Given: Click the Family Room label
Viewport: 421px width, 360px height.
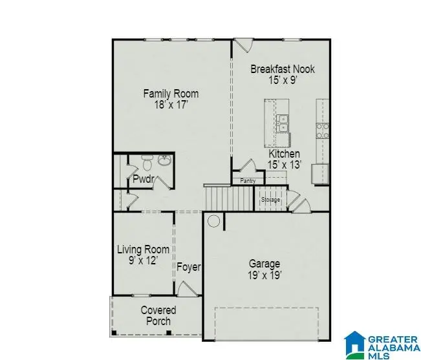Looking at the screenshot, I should pyautogui.click(x=171, y=94).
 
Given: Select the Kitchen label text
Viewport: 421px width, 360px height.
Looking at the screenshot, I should pyautogui.click(x=284, y=154).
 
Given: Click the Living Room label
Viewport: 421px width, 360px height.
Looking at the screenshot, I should pyautogui.click(x=143, y=249).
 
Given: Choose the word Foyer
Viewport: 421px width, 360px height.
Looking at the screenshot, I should pyautogui.click(x=188, y=267).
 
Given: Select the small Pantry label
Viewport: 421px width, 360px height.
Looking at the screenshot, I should pyautogui.click(x=248, y=181).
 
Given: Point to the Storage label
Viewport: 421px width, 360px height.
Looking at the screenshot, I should pyautogui.click(x=270, y=200).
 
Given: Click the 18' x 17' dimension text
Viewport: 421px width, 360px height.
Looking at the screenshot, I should pyautogui.click(x=171, y=105).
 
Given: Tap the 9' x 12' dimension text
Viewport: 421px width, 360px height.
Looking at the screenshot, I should pyautogui.click(x=143, y=260).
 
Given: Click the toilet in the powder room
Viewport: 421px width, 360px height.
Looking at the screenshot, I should pyautogui.click(x=148, y=162).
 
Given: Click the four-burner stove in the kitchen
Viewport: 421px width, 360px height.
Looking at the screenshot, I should pyautogui.click(x=321, y=131).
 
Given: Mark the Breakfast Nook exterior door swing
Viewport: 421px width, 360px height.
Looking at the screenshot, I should pyautogui.click(x=243, y=46).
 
